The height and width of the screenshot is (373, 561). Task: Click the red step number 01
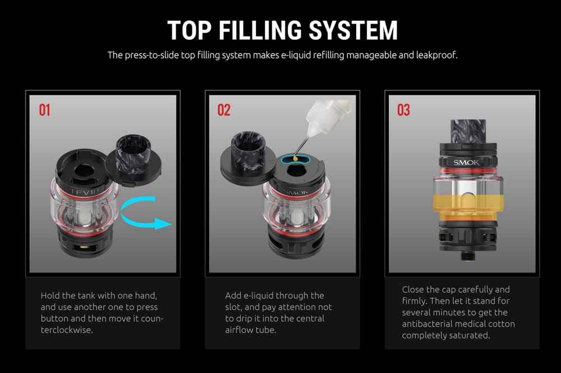pos(44,110)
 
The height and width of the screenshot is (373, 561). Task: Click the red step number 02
pos(224,110)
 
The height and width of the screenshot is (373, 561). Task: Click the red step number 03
pos(403,110)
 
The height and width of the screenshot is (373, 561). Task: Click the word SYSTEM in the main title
pos(353,30)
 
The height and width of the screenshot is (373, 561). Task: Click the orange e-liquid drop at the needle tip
pos(296,158)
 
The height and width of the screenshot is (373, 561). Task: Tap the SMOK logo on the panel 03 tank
pos(467,162)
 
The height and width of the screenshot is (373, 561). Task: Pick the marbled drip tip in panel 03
pos(468,131)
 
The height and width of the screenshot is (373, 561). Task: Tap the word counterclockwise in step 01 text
pos(102,324)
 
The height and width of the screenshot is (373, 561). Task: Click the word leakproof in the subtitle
pos(436,55)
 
